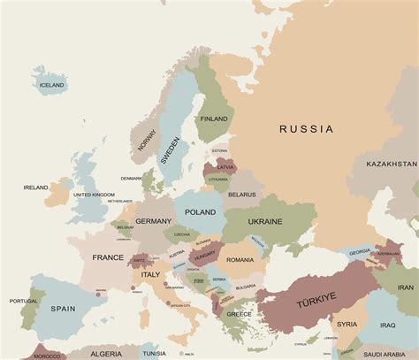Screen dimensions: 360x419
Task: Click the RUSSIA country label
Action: pyautogui.click(x=307, y=129)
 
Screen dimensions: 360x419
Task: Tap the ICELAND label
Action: pyautogui.click(x=52, y=85)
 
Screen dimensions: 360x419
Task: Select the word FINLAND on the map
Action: pyautogui.click(x=214, y=119)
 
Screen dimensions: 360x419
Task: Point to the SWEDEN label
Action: pyautogui.click(x=171, y=148)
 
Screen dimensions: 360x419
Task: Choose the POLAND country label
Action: pyautogui.click(x=200, y=212)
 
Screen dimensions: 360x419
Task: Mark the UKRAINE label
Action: pyautogui.click(x=264, y=220)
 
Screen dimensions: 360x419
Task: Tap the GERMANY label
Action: pyautogui.click(x=153, y=221)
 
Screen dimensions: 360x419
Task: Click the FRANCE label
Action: pyautogui.click(x=108, y=257)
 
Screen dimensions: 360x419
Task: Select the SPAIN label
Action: pyautogui.click(x=64, y=309)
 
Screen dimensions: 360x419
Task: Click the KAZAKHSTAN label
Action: pyautogui.click(x=392, y=164)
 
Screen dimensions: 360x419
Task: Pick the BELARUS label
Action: pyautogui.click(x=241, y=194)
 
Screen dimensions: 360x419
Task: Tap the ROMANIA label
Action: pyautogui.click(x=239, y=260)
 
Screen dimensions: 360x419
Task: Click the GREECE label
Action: pyautogui.click(x=239, y=314)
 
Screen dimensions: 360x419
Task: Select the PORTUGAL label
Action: pyautogui.click(x=24, y=301)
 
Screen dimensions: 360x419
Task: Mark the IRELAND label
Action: pyautogui.click(x=36, y=188)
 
